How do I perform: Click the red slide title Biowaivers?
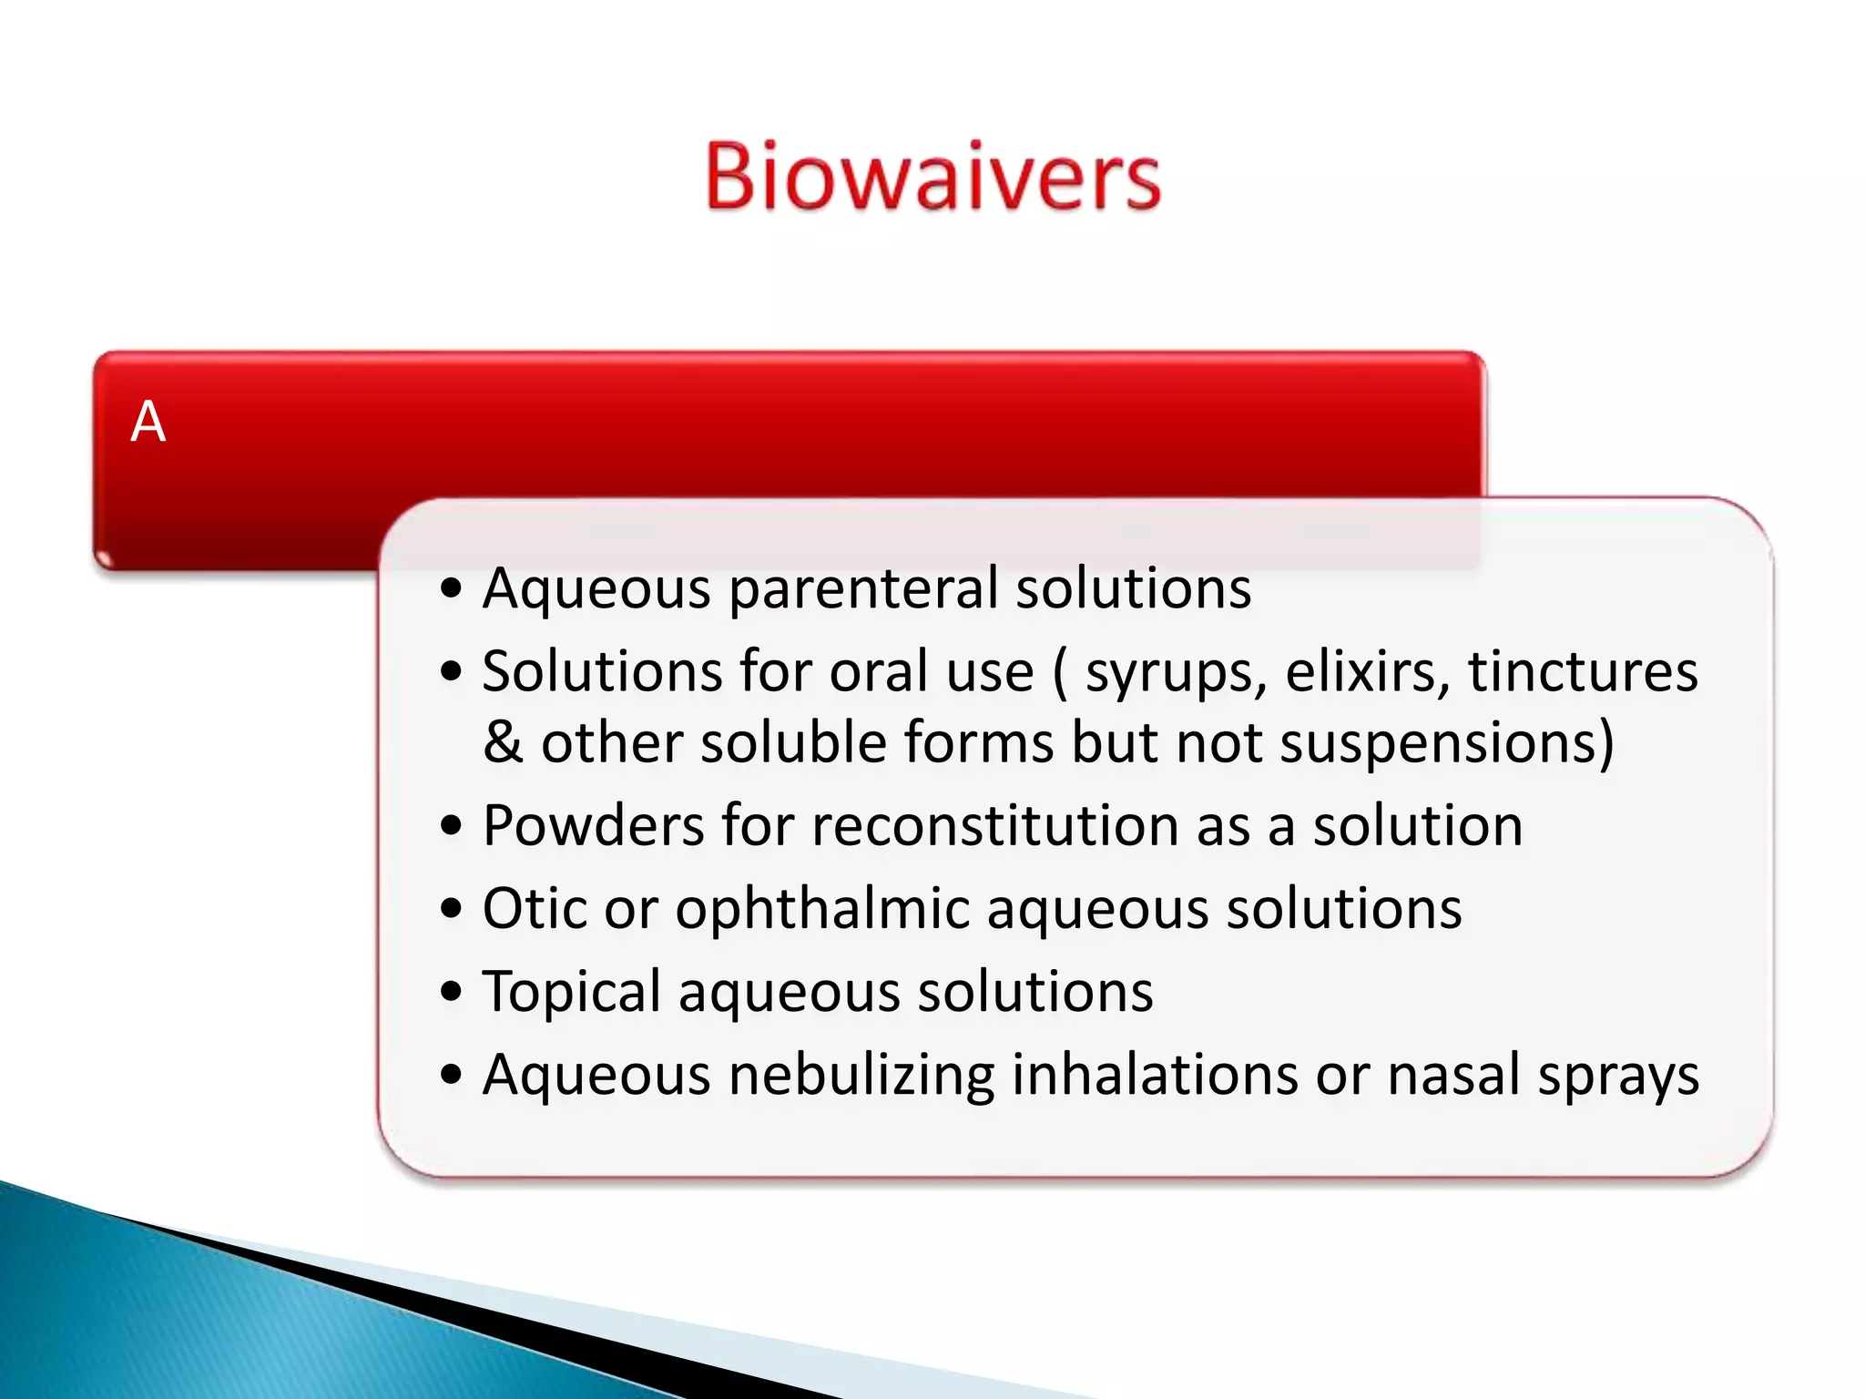pyautogui.click(x=932, y=177)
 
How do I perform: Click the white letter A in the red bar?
pyautogui.click(x=148, y=423)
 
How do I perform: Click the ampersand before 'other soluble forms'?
pyautogui.click(x=503, y=742)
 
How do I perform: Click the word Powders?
pyautogui.click(x=593, y=826)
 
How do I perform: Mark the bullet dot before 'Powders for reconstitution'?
pyautogui.click(x=451, y=826)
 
